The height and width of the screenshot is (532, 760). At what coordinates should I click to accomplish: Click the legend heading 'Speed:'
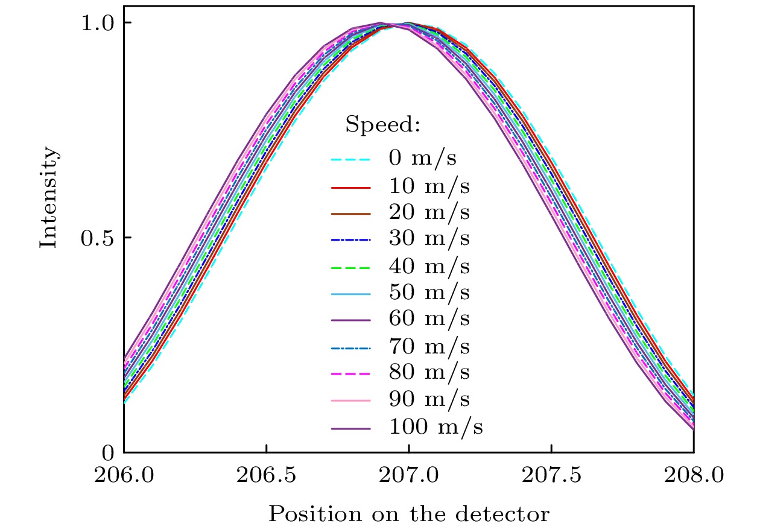point(382,126)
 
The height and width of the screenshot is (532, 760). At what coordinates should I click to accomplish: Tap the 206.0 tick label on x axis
point(124,477)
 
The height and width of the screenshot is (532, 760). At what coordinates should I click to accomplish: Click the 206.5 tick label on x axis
point(266,477)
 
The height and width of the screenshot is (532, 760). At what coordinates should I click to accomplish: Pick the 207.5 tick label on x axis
point(551,477)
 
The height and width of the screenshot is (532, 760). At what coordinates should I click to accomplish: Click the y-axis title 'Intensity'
point(50,196)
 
